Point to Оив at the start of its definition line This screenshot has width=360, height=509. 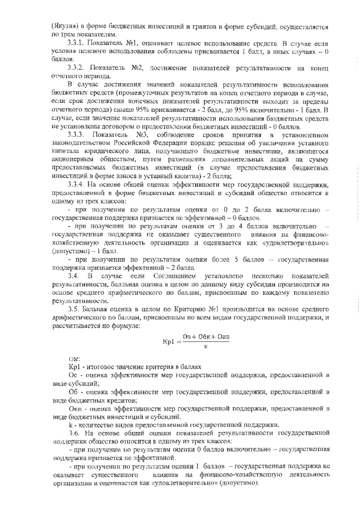(73, 408)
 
